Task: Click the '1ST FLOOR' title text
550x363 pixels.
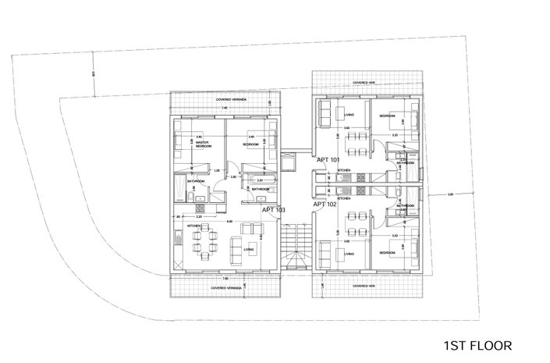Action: (x=477, y=344)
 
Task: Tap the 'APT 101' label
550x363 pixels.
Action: (x=328, y=159)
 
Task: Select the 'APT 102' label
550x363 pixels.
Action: (x=325, y=205)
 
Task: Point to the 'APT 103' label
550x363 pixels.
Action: (x=273, y=210)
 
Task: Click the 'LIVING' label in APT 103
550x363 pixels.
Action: (x=248, y=251)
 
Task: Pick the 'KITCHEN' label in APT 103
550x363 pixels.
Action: (x=194, y=226)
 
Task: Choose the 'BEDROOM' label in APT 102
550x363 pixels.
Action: (x=388, y=253)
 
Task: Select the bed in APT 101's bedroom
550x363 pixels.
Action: (x=410, y=120)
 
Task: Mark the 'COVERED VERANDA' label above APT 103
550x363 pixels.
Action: (x=231, y=101)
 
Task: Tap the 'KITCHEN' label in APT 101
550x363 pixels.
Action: (x=343, y=169)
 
